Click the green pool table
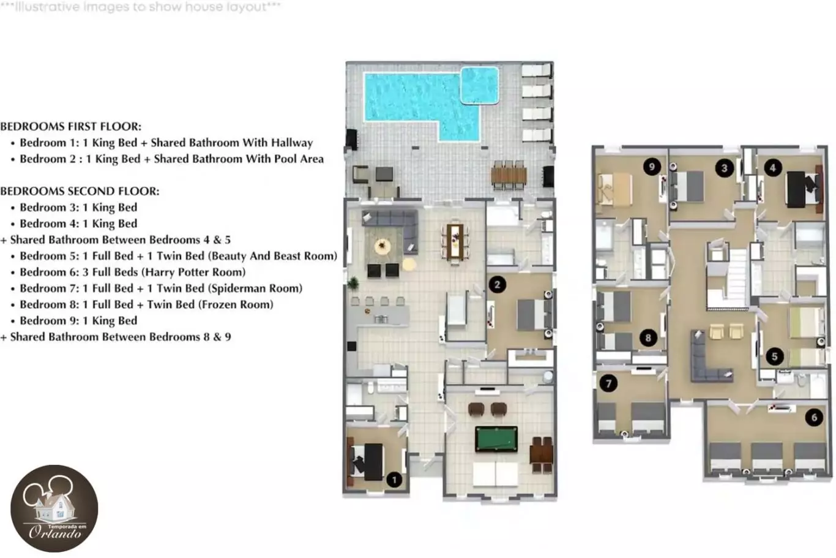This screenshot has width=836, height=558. coord(496,439)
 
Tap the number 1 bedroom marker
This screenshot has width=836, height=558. coord(394,480)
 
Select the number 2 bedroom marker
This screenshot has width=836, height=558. coord(497,285)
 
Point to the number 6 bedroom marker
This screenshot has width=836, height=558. coord(814,417)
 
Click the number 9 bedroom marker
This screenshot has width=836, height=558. coord(652,167)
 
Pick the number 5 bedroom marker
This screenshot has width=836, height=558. coord(774,356)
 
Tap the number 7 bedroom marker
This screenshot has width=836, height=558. coord(609,383)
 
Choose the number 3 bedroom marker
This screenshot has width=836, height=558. coord(724,168)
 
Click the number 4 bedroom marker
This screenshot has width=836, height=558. coord(773,168)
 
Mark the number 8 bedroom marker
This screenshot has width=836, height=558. coord(648,337)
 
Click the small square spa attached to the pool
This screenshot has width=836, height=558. coord(480,85)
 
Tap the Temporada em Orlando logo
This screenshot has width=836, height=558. coord(54,508)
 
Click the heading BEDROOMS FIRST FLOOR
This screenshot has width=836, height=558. coord(71,127)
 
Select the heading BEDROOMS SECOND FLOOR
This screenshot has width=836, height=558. coord(80,191)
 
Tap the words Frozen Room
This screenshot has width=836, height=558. coord(236,305)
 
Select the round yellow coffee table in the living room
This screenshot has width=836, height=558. coord(383,246)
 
